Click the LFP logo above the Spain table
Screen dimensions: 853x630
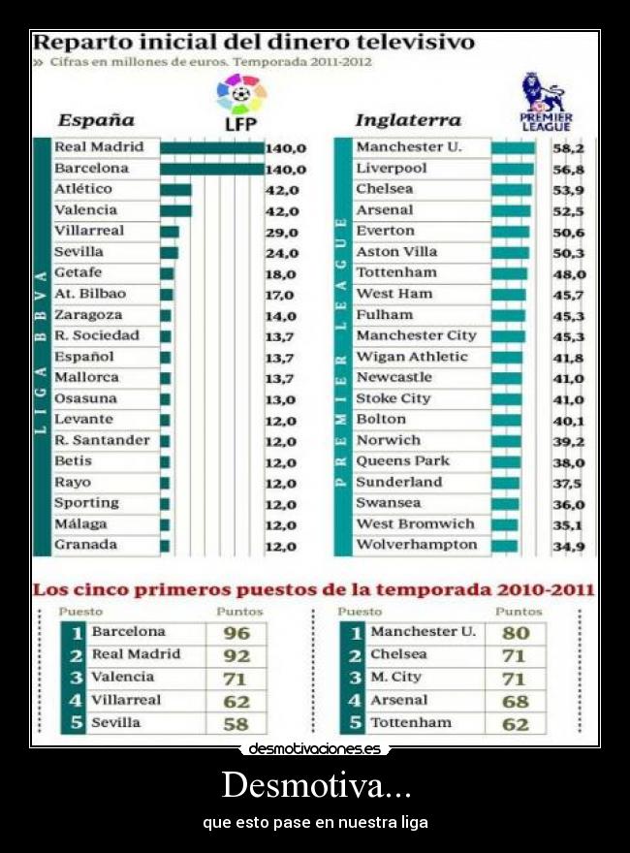coord(240,102)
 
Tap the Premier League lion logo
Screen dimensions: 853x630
coord(546,102)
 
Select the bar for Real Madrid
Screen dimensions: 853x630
coord(212,148)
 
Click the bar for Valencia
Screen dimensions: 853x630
coord(175,210)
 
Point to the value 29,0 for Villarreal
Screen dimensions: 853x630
coord(284,233)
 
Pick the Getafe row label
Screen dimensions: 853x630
coord(79,273)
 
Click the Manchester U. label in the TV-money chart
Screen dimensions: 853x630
coord(408,147)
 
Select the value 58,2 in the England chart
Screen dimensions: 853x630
coord(568,149)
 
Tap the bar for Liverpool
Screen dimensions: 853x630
coord(512,169)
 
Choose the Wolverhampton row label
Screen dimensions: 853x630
coord(417,545)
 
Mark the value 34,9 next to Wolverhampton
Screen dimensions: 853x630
coord(568,547)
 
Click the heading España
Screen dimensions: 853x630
coord(96,121)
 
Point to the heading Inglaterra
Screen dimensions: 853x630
coord(408,121)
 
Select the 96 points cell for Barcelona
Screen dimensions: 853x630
coord(236,633)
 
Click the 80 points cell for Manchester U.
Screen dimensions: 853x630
coord(516,633)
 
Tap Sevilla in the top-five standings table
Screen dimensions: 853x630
coord(116,723)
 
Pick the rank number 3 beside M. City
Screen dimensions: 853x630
coord(356,678)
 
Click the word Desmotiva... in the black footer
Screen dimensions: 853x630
coord(315,784)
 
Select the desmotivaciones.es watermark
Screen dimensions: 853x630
coord(315,749)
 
